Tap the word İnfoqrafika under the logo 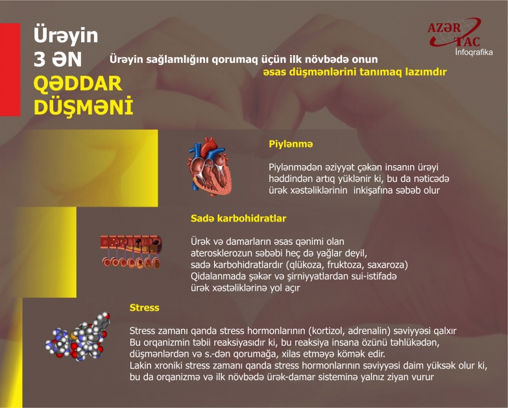pos(474,52)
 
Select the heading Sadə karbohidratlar pos(238,218)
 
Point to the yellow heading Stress pos(144,308)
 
